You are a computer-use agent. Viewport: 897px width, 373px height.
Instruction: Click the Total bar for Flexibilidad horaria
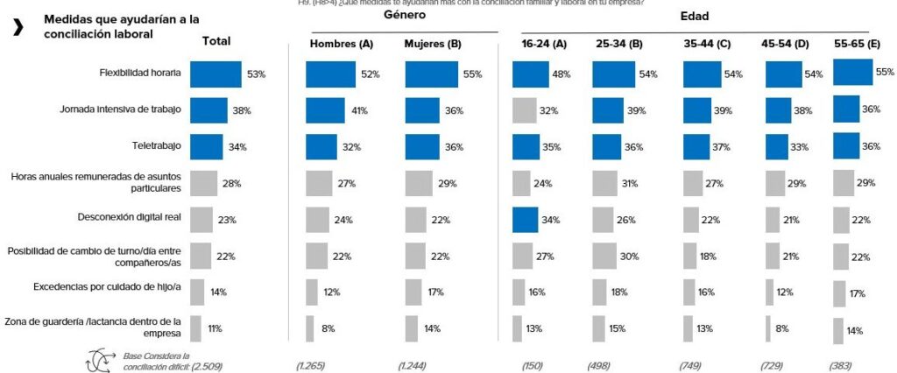point(215,74)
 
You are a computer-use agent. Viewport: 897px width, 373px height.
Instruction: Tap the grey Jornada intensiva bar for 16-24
point(524,110)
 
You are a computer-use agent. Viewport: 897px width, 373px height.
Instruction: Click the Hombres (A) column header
point(340,44)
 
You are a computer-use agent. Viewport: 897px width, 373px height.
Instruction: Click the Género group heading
point(406,17)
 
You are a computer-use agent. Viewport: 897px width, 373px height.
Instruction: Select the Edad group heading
point(695,17)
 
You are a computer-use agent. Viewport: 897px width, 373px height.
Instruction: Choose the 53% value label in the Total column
point(256,75)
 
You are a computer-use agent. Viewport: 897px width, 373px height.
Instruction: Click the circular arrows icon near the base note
point(98,359)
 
